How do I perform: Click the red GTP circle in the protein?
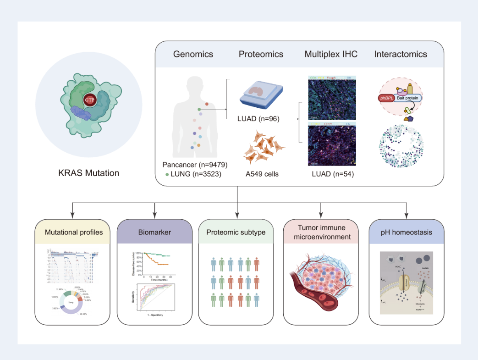(x=89, y=100)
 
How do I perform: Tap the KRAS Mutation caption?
(x=89, y=173)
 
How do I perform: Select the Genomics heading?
(x=193, y=54)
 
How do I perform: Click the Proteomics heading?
(x=261, y=54)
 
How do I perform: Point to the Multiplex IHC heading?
(x=331, y=54)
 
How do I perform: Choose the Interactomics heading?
(x=401, y=54)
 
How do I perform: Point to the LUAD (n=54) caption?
(x=331, y=174)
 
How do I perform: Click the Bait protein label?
(x=407, y=98)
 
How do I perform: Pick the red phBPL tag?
(x=387, y=98)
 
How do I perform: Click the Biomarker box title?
(x=154, y=232)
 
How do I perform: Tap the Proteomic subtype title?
(x=236, y=232)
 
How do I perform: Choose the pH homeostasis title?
(x=407, y=232)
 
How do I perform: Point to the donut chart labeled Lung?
(x=71, y=303)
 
